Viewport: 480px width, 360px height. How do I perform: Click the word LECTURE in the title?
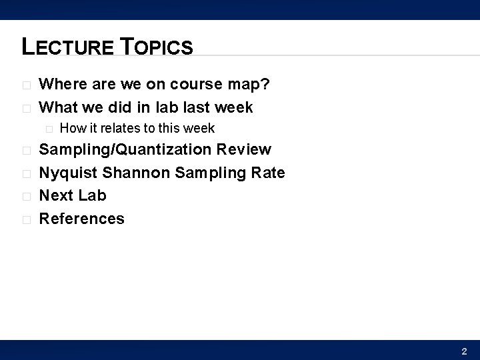click(x=69, y=47)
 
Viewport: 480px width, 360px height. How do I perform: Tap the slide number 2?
click(x=464, y=351)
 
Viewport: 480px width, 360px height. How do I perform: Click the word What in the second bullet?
click(x=58, y=107)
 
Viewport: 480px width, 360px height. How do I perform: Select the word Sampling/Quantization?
click(x=126, y=150)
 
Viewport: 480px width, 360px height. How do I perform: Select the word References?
click(x=82, y=219)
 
